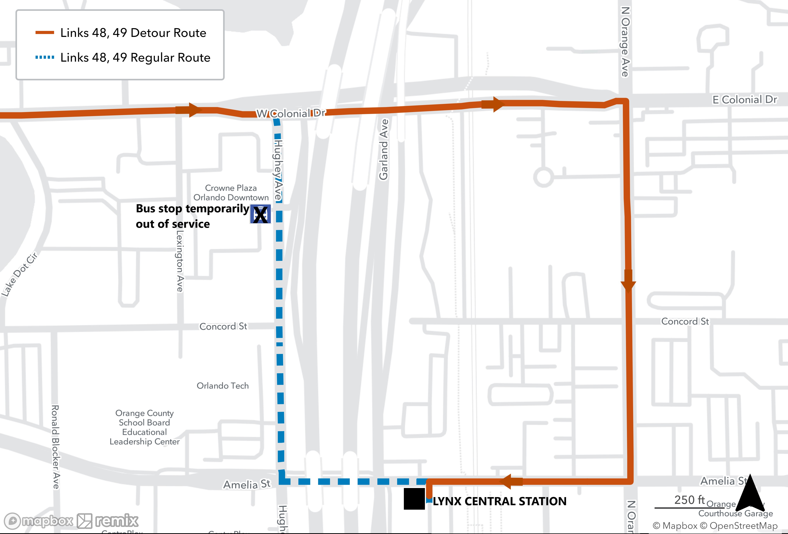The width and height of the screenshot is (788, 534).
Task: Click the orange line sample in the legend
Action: (45, 33)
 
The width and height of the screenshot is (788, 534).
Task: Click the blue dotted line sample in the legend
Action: (45, 57)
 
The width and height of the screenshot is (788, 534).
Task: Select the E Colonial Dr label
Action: (745, 100)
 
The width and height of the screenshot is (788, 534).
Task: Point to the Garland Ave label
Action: (384, 150)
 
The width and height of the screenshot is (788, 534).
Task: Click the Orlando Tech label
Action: (222, 386)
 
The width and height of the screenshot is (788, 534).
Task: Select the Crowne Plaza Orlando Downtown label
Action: (231, 193)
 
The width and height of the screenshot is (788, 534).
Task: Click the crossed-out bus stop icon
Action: (260, 214)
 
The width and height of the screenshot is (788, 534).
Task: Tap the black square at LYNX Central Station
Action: (414, 499)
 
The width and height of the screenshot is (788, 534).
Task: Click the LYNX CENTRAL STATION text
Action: (499, 501)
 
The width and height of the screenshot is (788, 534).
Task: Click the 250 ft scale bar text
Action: (689, 500)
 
